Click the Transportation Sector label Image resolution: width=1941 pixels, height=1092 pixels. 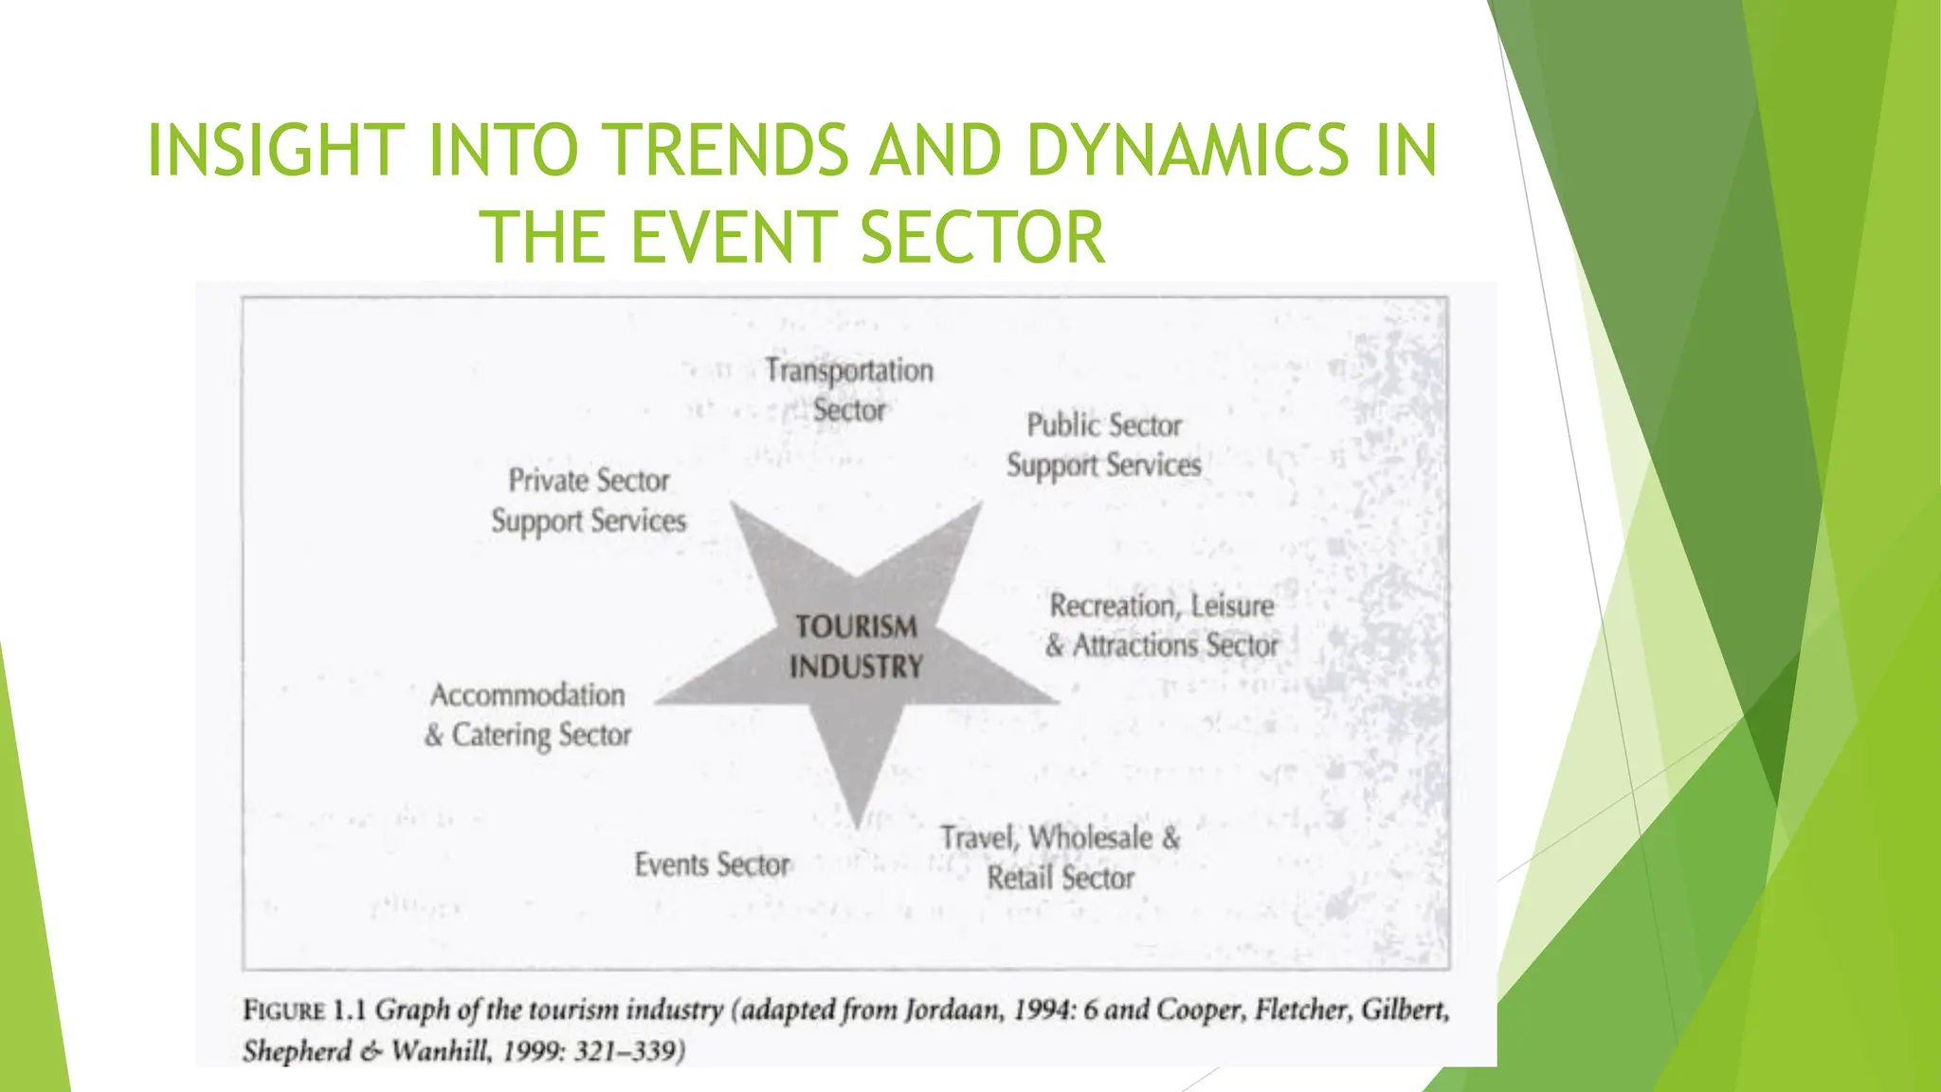(x=849, y=390)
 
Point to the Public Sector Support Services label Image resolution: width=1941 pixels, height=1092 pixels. (x=1104, y=446)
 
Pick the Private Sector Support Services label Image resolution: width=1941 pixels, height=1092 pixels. (x=589, y=500)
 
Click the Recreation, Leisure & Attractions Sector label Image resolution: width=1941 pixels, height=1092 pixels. (x=1162, y=626)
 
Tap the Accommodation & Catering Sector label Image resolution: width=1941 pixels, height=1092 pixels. (x=528, y=715)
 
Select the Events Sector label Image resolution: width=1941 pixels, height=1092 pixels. (x=712, y=864)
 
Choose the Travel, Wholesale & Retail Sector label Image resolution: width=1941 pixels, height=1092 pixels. (x=1061, y=858)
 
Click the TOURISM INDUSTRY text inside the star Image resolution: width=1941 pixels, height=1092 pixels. (x=856, y=646)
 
